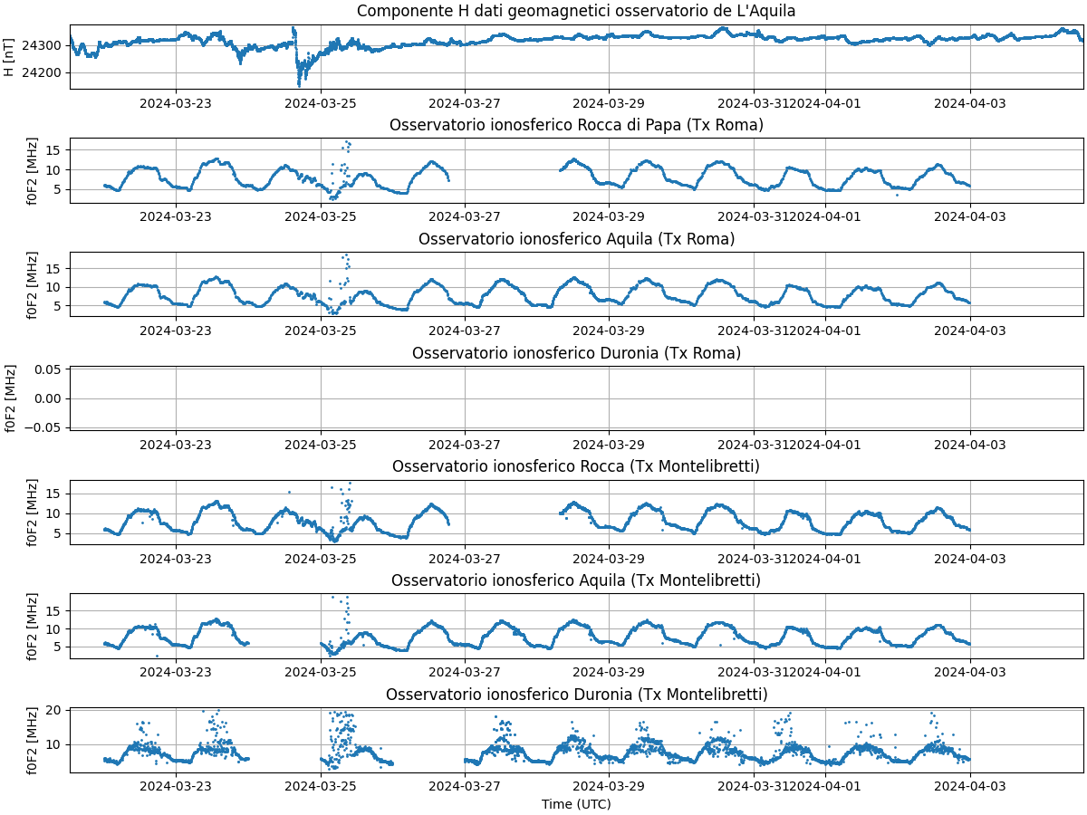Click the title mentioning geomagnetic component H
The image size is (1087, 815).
click(x=576, y=11)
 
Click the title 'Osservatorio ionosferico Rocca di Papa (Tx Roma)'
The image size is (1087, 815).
click(x=576, y=125)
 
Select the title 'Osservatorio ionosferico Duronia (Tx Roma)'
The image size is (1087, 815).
click(x=576, y=353)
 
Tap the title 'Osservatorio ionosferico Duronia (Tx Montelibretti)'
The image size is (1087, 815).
click(x=576, y=695)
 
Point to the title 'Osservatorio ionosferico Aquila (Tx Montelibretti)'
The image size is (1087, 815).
click(x=576, y=580)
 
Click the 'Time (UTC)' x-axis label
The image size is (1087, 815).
click(x=576, y=804)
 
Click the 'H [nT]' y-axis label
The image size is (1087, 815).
click(x=9, y=57)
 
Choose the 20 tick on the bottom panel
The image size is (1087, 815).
click(x=53, y=711)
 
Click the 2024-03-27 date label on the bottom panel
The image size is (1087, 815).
click(x=465, y=786)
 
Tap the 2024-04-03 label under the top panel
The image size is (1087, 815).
click(x=970, y=102)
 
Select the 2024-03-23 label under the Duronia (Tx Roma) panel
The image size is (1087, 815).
click(x=176, y=444)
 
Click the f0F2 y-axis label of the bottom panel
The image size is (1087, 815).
click(x=33, y=740)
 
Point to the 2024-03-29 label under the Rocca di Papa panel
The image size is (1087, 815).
click(x=609, y=216)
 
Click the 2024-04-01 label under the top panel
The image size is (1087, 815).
click(x=825, y=102)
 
